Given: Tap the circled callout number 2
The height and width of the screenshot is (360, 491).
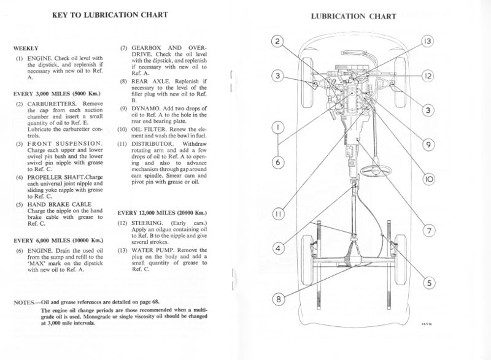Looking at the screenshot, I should tap(277, 41).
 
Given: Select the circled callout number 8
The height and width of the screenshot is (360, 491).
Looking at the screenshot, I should tap(279, 300).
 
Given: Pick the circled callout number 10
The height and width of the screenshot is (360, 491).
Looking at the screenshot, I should tap(428, 180).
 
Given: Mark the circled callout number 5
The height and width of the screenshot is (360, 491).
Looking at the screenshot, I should tap(428, 283).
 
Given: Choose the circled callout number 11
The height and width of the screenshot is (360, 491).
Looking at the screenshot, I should tap(278, 215).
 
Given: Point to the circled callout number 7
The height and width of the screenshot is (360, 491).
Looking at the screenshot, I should tap(428, 231).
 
